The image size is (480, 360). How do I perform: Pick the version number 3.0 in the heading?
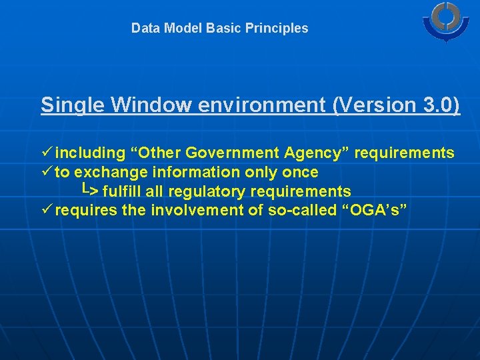coord(435,105)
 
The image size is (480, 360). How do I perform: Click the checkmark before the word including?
coord(46,153)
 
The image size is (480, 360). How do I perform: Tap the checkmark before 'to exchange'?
coord(46,172)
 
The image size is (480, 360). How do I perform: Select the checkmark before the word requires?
coord(46,210)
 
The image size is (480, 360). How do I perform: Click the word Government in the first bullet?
coord(233,153)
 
